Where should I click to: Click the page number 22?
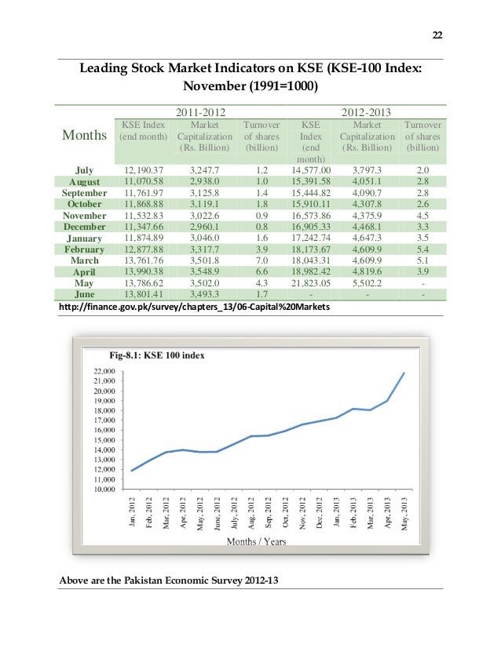[x=437, y=35]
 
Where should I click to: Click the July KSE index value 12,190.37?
[x=142, y=170]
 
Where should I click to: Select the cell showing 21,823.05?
[x=311, y=282]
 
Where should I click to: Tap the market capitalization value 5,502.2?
[x=368, y=282]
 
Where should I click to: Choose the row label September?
[x=84, y=192]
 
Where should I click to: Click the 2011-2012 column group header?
[x=199, y=112]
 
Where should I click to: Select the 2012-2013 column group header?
[x=367, y=112]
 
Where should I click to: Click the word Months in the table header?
[x=85, y=135]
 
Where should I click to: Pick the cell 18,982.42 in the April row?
[x=311, y=271]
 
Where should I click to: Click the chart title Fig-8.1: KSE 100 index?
[x=157, y=355]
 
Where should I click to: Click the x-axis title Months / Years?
[x=256, y=541]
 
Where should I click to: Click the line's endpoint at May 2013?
[x=404, y=373]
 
